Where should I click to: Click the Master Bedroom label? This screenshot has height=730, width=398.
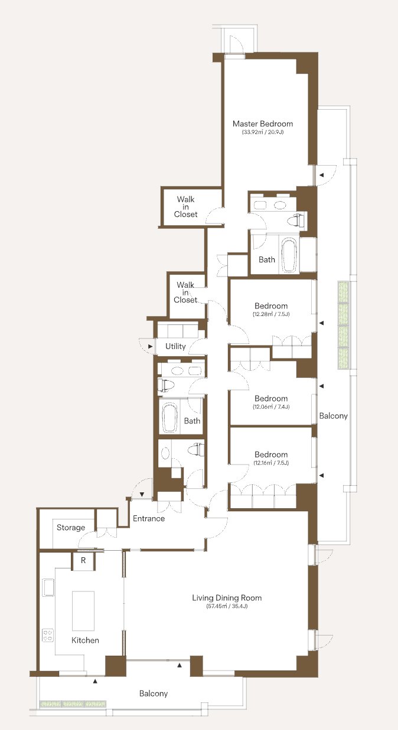pos(263,124)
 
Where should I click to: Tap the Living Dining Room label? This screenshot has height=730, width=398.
pos(227,598)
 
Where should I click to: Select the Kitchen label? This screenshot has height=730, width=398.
pos(85,640)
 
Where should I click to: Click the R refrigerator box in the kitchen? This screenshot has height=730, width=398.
pos(83,560)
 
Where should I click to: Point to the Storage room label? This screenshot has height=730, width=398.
pos(71,527)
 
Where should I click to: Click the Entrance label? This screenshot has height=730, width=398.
pos(149,518)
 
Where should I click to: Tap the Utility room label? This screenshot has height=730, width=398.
pos(175,346)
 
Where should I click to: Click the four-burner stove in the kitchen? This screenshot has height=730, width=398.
pos(48,636)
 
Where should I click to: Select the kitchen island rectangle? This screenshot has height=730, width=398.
pos(83,611)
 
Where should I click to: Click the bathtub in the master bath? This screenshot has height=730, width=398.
pos(289,255)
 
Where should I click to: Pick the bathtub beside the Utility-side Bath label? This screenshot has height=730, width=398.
pos(169,418)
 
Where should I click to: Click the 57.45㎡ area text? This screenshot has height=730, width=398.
pos(227,607)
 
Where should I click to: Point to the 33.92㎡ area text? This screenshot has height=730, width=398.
pos(263,132)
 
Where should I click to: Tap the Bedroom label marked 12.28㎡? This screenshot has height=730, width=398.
pos(271,306)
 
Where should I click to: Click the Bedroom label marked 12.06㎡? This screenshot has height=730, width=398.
pos(271,399)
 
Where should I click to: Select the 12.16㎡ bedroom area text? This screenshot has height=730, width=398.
pos(271,463)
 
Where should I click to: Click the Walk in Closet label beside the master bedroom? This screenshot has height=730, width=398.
pos(185,206)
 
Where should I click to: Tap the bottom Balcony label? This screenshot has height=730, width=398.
pos(154,693)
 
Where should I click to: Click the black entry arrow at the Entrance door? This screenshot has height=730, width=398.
pos(142,495)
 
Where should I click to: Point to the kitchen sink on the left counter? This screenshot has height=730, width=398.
pos(48,587)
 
